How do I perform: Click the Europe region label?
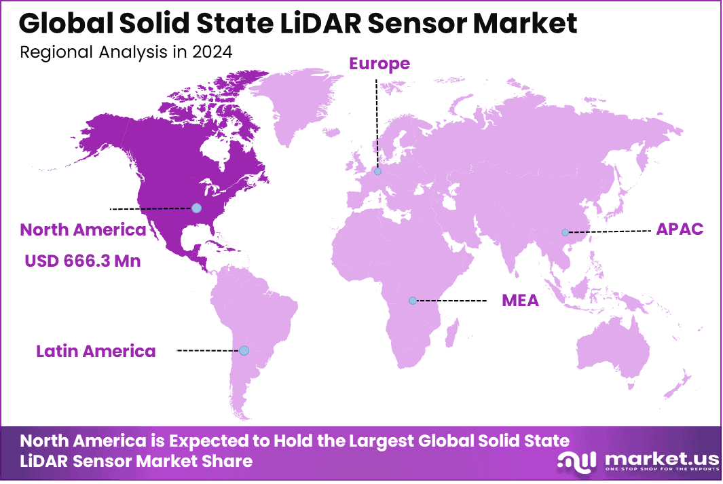click(379, 64)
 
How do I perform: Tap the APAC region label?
click(679, 229)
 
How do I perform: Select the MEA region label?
click(520, 300)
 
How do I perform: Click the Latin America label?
click(96, 351)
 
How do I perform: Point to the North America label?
click(83, 229)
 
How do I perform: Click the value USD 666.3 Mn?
click(83, 261)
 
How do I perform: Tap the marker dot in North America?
click(196, 208)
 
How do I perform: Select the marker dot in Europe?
click(377, 172)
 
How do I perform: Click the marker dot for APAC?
click(565, 232)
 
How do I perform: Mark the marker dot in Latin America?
click(244, 350)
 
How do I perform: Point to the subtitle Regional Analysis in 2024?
click(126, 52)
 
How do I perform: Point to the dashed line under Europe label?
click(377, 122)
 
